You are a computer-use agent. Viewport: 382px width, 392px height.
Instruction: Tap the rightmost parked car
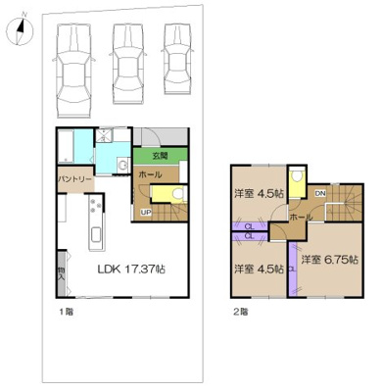[x=177, y=59]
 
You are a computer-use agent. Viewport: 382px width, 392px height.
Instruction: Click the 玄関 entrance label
[x=160, y=156]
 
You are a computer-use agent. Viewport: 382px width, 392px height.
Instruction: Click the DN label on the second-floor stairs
[x=320, y=194]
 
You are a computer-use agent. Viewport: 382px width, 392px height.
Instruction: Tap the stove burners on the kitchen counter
[x=94, y=205]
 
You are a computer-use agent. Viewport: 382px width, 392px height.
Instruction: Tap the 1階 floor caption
[x=65, y=312]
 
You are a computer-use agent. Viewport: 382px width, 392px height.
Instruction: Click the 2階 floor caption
[x=240, y=312]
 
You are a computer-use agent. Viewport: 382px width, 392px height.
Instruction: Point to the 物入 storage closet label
[x=61, y=270]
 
